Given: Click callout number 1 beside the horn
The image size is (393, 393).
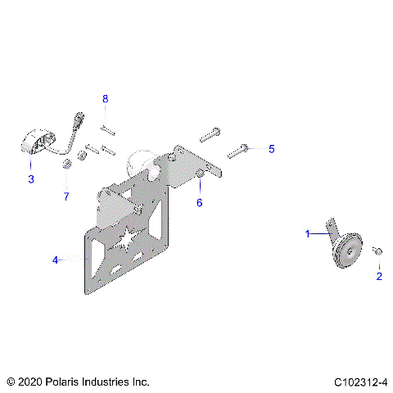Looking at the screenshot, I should coord(308,234).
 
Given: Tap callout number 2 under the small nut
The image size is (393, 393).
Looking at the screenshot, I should coord(378,277).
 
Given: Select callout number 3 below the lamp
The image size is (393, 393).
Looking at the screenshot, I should coord(31,178).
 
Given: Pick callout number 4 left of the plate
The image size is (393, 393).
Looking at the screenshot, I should coord(56,260).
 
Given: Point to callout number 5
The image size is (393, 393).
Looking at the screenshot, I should coord(272,149).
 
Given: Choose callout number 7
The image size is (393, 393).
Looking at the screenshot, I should coord(67,196).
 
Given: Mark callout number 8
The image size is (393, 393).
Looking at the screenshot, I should coord(105,99).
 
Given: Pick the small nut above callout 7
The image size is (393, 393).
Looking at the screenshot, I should coord(68,168).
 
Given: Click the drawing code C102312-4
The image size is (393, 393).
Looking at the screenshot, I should coord(359,382).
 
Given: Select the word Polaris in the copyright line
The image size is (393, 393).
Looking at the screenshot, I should coord(73,382).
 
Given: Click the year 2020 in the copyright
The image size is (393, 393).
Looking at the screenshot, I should coord(32,382).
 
